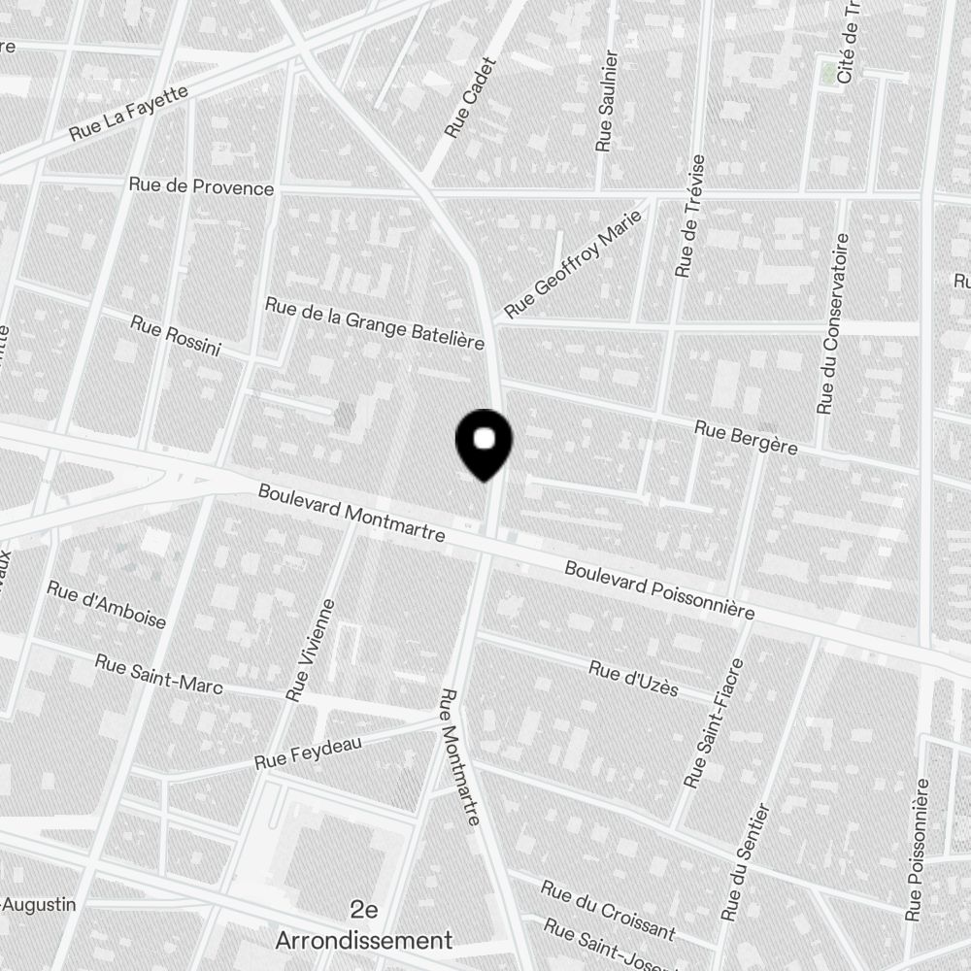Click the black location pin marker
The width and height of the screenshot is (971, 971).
483,443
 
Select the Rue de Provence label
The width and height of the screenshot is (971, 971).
202,186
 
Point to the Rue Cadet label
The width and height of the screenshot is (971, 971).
470,96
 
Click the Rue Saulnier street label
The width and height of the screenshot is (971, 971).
606,101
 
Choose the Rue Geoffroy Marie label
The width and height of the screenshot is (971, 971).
575,264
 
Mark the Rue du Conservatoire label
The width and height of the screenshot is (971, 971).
833,324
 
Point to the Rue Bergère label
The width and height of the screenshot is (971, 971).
746,437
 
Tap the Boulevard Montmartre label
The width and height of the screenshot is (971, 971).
352,514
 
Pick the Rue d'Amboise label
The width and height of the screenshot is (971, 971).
107,604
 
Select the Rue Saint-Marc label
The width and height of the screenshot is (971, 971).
158,674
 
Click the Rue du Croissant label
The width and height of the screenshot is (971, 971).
608,910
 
